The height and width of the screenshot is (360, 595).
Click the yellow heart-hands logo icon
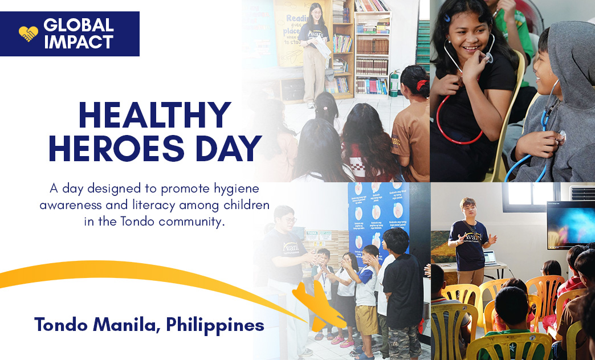(28, 34)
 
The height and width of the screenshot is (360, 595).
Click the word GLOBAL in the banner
(78, 26)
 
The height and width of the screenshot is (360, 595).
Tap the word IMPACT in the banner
(78, 42)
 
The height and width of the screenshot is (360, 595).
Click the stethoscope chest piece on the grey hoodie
(561, 136)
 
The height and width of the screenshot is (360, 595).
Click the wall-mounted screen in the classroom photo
(570, 225)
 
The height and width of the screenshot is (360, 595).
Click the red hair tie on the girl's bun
(420, 85)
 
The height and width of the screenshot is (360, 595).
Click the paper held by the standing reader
(322, 48)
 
